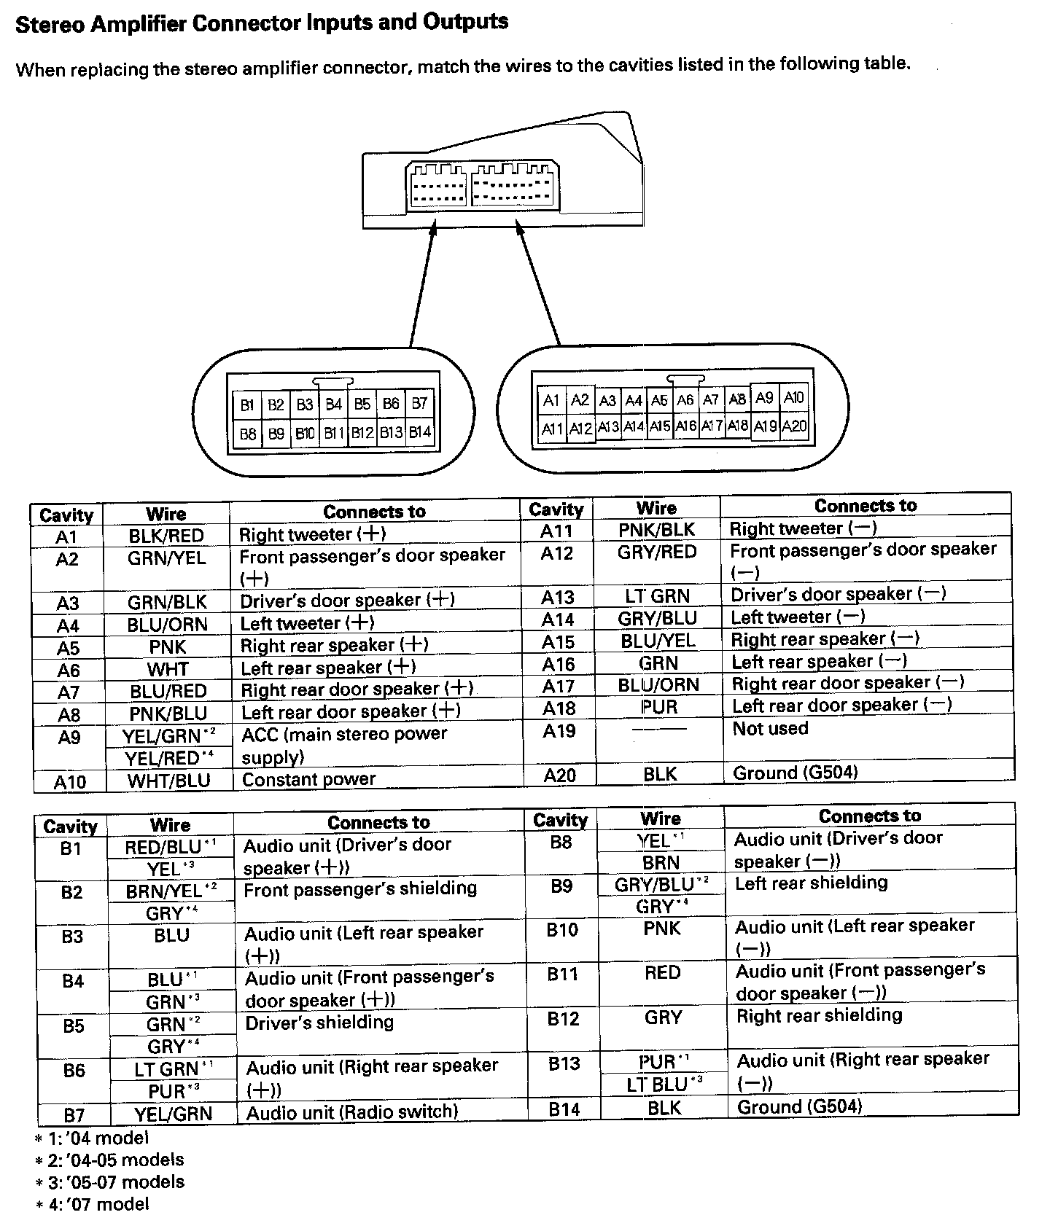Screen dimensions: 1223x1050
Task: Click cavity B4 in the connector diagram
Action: tap(334, 404)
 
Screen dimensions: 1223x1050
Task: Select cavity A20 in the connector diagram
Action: tap(794, 426)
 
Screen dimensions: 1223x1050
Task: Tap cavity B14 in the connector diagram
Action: tap(420, 433)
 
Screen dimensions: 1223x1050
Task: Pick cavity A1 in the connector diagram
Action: tap(551, 400)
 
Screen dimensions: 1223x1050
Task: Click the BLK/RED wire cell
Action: tap(166, 536)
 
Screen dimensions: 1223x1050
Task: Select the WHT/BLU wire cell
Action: tap(168, 781)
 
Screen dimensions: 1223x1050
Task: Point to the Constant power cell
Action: tap(309, 779)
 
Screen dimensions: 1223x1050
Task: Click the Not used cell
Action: tap(770, 729)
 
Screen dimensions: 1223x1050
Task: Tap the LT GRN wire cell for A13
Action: tap(657, 596)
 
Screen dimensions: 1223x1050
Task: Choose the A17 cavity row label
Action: tap(558, 687)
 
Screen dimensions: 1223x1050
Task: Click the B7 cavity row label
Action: tap(74, 1115)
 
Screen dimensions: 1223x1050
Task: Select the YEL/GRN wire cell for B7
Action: tap(173, 1114)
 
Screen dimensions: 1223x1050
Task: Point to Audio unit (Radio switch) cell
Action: tap(352, 1113)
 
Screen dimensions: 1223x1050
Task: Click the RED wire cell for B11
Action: tap(662, 973)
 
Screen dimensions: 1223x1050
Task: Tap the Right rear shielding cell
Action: tap(819, 1015)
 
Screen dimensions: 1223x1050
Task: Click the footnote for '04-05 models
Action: tap(109, 1160)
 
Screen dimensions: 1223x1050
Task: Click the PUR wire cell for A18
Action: tap(659, 708)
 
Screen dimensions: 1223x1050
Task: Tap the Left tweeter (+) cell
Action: tap(307, 623)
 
